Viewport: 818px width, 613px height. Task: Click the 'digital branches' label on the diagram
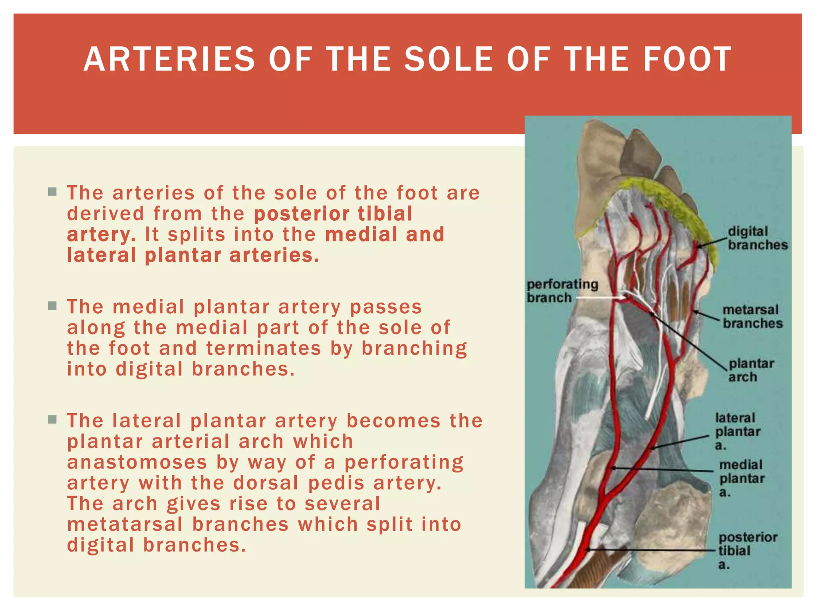point(757,238)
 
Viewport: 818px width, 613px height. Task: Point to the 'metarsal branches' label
point(752,316)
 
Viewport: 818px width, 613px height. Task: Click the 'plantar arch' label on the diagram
point(751,370)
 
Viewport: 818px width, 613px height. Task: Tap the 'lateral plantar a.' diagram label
point(737,431)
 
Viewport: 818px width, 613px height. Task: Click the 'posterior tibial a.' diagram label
point(747,550)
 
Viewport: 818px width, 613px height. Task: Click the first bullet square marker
point(52,192)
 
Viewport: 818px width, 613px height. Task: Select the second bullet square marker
point(52,306)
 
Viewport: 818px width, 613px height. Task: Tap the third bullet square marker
point(52,420)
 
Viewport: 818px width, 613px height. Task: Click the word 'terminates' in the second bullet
point(264,348)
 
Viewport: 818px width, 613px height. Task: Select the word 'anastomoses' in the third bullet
point(137,463)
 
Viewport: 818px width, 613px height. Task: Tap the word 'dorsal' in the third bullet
point(266,483)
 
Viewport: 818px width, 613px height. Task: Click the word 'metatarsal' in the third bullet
point(125,525)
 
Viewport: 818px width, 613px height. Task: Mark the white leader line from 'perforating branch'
point(599,298)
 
